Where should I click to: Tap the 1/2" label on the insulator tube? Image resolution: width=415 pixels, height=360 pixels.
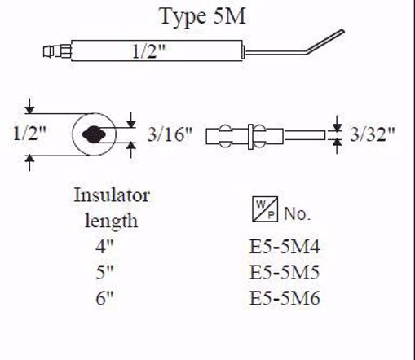coord(150,53)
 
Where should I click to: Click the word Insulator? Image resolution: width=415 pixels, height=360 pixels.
coord(112,195)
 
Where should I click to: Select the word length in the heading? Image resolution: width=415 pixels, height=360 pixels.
coord(112,220)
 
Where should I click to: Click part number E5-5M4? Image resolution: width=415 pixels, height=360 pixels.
coord(285,245)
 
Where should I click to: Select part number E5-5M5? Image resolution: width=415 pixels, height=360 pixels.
coord(285,271)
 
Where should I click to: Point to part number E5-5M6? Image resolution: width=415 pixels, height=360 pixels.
coord(285,298)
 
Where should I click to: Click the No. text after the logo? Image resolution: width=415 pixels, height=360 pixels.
coord(298,215)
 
